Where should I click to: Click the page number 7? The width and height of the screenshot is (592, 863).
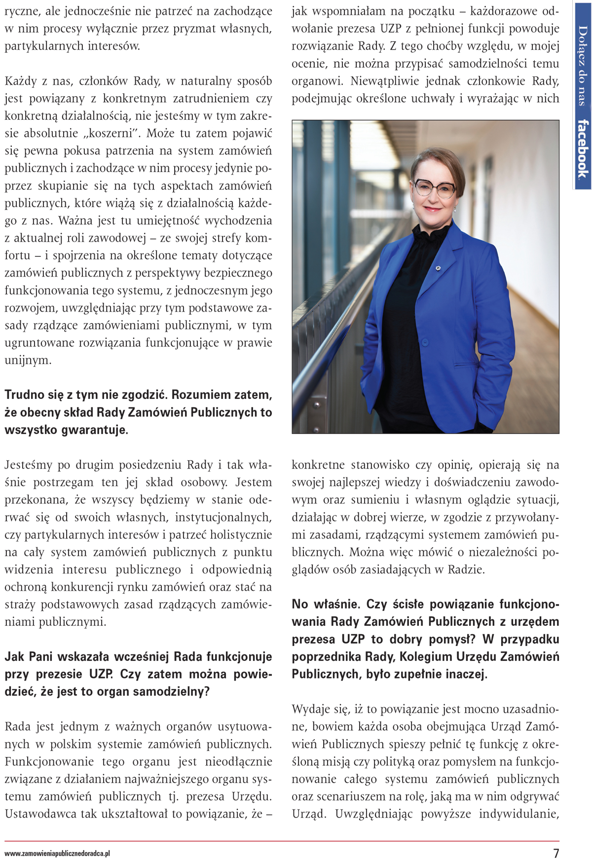(556, 853)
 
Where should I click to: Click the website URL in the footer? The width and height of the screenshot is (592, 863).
(57, 854)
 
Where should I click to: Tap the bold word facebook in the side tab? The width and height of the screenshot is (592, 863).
(583, 148)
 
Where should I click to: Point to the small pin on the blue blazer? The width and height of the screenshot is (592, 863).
(437, 268)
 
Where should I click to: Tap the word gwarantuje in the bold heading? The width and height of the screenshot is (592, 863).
(94, 430)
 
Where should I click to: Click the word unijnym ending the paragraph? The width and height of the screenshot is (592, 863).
(28, 360)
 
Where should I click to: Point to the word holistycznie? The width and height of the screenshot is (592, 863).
(241, 535)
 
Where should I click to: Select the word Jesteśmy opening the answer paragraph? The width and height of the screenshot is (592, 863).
(28, 465)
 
